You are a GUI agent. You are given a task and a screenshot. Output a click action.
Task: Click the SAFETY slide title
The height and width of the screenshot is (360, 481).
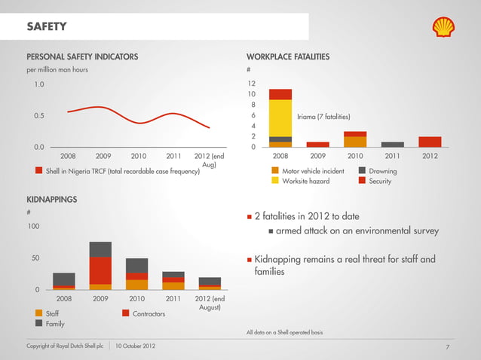[x=47, y=28]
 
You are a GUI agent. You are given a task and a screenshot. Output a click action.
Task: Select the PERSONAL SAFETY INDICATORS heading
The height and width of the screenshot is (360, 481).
[x=82, y=56]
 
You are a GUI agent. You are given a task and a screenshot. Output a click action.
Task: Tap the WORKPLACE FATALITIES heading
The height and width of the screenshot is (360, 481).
[x=288, y=56]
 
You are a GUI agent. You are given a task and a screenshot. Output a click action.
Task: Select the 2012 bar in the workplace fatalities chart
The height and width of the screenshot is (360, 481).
[x=430, y=142]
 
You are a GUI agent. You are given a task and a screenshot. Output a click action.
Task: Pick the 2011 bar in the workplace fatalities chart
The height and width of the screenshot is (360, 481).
[x=393, y=144]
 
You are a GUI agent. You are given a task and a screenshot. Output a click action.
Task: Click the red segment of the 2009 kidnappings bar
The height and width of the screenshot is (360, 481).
[x=100, y=270]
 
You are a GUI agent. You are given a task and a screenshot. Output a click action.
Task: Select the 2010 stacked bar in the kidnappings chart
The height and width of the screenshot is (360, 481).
[x=136, y=274]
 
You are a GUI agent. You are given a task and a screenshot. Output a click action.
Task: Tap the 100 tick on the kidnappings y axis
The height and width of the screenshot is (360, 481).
[x=33, y=226]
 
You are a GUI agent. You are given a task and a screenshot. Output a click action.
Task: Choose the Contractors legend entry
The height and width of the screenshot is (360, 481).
[x=149, y=313]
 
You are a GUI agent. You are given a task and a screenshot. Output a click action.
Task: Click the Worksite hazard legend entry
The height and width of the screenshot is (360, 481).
[x=305, y=182]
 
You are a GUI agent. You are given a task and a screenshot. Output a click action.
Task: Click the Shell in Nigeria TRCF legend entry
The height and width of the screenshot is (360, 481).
[x=122, y=171]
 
